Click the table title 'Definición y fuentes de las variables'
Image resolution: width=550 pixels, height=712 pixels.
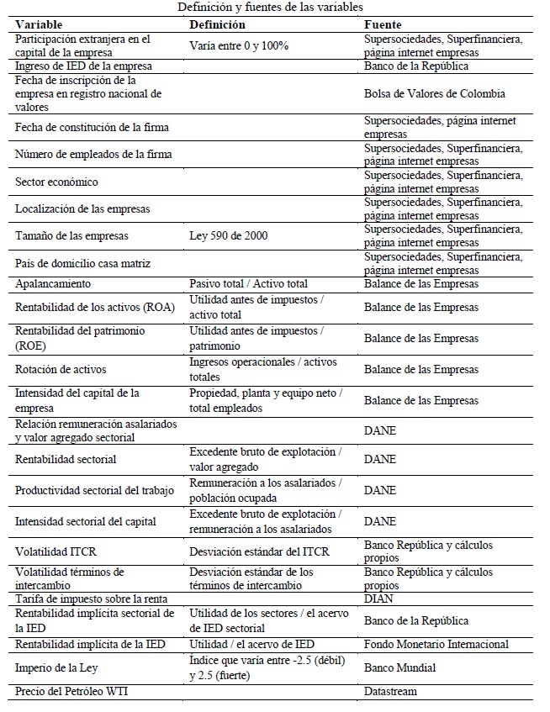271,8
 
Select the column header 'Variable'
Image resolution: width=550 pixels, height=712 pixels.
40,24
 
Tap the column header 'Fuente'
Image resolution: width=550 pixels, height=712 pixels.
383,24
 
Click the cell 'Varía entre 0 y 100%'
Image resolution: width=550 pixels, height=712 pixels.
239,45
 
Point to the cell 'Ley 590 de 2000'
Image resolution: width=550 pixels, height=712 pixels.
229,236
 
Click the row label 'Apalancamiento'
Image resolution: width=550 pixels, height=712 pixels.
53,284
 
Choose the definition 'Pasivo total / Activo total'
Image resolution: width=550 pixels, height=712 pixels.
248,284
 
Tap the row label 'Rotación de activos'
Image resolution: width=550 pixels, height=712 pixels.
61,369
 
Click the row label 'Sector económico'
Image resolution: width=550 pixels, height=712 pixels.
56,182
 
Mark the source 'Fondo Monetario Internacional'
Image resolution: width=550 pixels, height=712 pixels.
436,644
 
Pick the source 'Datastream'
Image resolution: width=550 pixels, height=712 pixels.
390,691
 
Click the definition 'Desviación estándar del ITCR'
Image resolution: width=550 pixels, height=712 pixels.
259,551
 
